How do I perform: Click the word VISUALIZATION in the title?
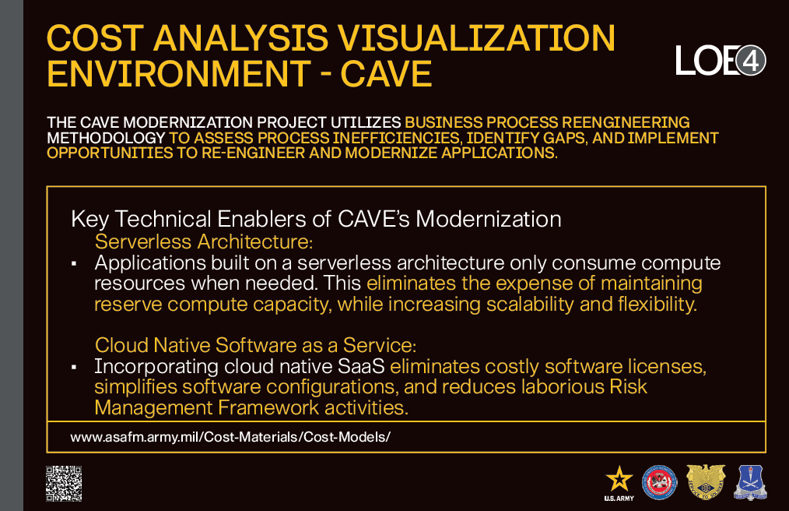click(476, 38)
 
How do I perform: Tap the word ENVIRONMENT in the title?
click(179, 73)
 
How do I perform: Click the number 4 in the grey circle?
click(751, 62)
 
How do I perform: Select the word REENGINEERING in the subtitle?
click(626, 122)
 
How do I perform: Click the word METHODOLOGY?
click(106, 138)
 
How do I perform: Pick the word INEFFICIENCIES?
click(396, 138)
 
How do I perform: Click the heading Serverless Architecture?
click(204, 242)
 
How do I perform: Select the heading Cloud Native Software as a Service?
click(256, 345)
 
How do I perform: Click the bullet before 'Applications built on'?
click(74, 263)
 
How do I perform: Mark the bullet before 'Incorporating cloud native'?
click(74, 368)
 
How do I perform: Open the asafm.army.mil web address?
click(230, 437)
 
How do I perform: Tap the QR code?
click(64, 484)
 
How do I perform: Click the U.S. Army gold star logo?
click(619, 483)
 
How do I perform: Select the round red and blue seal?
click(660, 483)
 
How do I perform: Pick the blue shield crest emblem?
click(750, 483)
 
